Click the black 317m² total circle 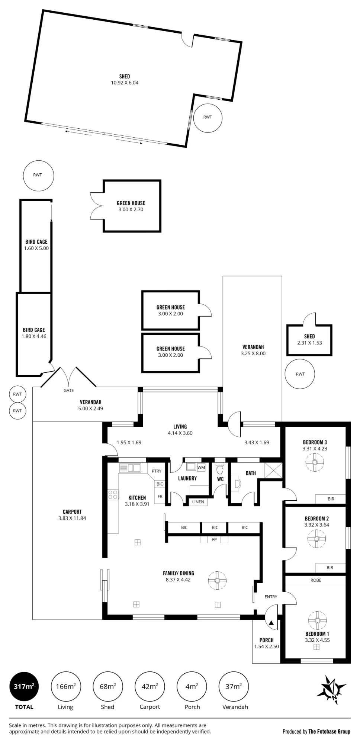point(24,686)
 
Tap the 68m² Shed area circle point(107,686)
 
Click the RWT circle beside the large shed point(208,117)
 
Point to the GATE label point(69,390)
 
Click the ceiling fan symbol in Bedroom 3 point(315,462)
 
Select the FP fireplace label point(214,539)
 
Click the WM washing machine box point(201,467)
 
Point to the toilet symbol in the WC point(220,468)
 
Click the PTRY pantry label point(157,471)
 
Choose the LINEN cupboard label point(198,502)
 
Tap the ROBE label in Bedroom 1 point(316,580)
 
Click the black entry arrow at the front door point(271,622)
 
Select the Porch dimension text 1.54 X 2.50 point(267,647)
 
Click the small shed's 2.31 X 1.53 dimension point(309,343)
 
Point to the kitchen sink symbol point(130,468)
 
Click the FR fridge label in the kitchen point(160,497)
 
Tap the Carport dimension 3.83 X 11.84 point(72,518)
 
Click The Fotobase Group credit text point(329,731)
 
